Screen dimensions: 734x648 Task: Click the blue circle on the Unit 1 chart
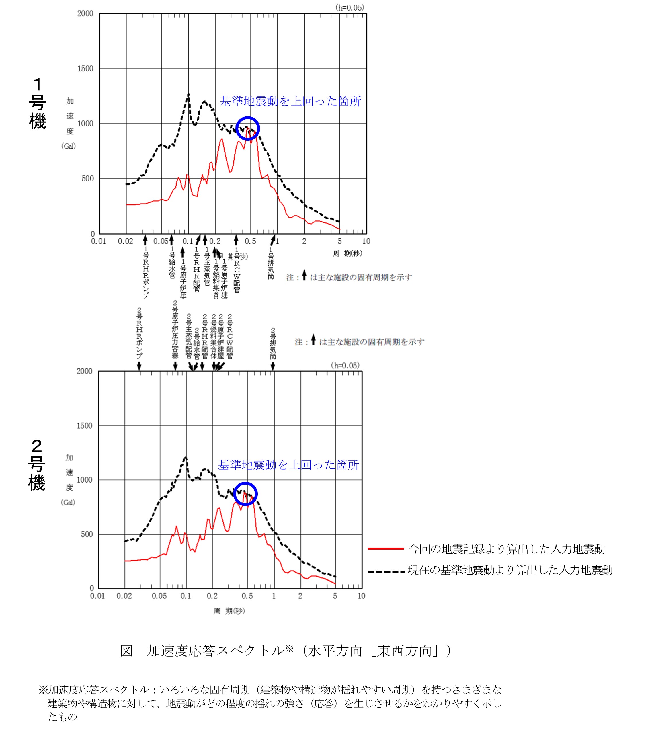pos(247,128)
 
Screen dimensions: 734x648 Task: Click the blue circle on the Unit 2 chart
pos(245,494)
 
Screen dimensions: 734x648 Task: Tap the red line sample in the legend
pos(386,549)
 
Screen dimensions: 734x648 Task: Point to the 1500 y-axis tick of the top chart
pos(85,69)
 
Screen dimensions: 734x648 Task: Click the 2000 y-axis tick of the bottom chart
pos(84,371)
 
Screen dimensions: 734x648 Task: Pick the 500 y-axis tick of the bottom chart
pos(87,534)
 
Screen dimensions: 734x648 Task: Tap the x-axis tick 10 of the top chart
pos(366,241)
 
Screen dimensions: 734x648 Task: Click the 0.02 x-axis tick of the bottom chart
pos(124,596)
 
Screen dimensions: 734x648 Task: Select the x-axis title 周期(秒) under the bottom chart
pos(229,611)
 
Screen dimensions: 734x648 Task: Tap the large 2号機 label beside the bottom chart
pos(37,465)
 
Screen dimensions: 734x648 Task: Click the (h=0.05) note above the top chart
pos(349,7)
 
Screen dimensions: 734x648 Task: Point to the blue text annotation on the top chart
pos(290,101)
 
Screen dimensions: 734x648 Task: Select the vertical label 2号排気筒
pos(273,343)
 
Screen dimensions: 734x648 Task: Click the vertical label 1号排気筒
pos(271,263)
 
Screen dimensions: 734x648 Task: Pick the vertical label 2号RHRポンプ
pos(139,333)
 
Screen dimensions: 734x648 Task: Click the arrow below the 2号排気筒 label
pos(273,366)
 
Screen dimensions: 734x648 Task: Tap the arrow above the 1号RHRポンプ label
pos(145,239)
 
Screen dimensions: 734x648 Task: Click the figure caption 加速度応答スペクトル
pos(285,650)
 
